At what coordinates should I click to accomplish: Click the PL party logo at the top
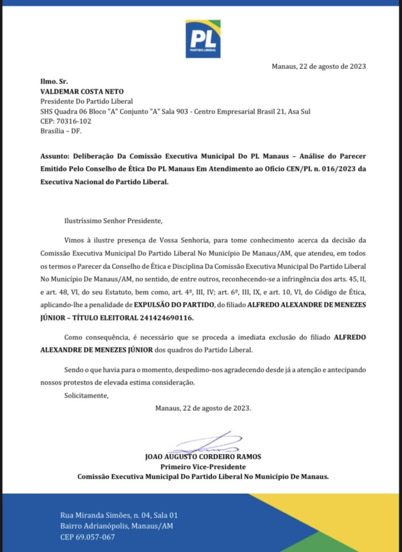[203, 39]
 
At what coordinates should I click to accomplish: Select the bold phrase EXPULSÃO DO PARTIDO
[172, 305]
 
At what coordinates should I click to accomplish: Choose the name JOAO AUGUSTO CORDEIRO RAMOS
[203, 457]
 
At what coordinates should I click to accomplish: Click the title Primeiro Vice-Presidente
[203, 466]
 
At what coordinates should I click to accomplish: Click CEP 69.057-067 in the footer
[87, 537]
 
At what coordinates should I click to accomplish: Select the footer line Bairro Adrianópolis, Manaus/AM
[117, 526]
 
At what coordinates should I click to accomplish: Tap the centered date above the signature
[203, 408]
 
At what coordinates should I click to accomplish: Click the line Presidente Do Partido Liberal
[87, 101]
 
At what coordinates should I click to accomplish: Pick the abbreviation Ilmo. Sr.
[52, 81]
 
